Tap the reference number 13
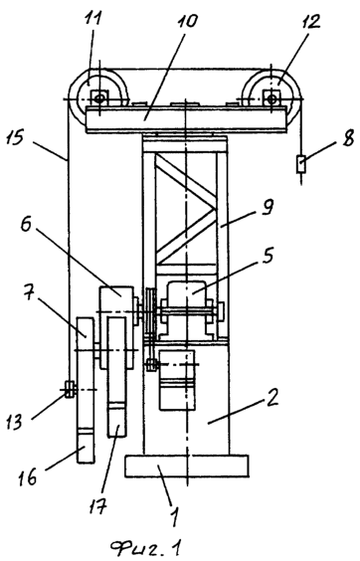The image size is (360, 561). click(15, 421)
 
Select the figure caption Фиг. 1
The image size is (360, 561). click(145, 548)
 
